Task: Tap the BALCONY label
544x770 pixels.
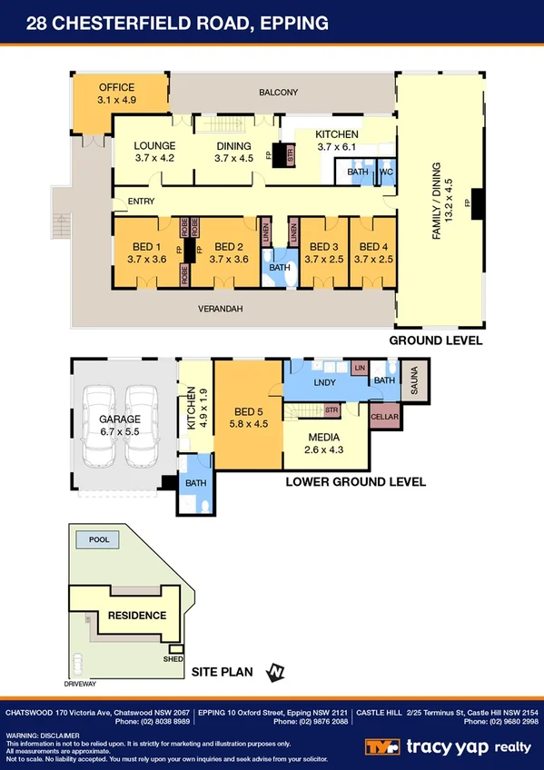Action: tap(278, 93)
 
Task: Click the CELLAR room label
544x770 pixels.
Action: tap(385, 417)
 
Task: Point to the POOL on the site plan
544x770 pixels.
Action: tap(98, 540)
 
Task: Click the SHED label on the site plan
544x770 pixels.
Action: tap(173, 659)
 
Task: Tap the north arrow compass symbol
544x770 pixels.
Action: tap(275, 672)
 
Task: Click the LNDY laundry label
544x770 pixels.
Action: tap(324, 383)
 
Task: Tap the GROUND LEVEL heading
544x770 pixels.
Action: tap(435, 341)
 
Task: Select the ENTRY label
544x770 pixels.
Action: tap(141, 202)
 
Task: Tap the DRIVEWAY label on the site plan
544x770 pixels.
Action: tap(80, 681)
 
